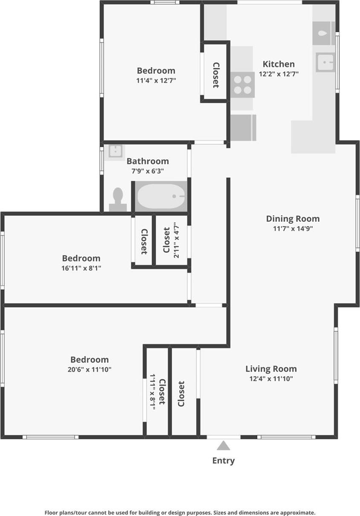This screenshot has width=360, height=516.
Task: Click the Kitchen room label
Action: (x=278, y=64)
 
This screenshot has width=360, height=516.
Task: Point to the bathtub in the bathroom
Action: (x=161, y=196)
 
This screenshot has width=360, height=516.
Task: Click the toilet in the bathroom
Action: (x=118, y=200)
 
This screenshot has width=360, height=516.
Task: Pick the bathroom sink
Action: (x=116, y=151)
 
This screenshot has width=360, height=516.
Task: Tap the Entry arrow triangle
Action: (x=223, y=446)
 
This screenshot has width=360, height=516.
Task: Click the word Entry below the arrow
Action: (x=223, y=461)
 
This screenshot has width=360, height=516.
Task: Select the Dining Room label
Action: (x=293, y=219)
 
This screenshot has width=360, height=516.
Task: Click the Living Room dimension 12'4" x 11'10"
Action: (x=271, y=379)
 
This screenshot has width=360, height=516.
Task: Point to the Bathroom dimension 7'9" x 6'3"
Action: (x=148, y=171)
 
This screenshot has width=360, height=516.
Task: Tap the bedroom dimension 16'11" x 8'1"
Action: (x=81, y=268)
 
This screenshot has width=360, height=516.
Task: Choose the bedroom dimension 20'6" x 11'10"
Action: (x=89, y=370)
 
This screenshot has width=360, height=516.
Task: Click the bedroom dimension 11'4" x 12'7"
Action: (x=156, y=80)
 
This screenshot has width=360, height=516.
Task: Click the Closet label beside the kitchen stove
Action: (x=216, y=75)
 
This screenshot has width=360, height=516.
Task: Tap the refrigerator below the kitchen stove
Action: (x=243, y=128)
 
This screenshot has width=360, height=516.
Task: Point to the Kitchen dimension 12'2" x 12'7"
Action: (x=279, y=74)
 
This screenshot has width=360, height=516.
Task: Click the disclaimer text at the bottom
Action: (x=180, y=513)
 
